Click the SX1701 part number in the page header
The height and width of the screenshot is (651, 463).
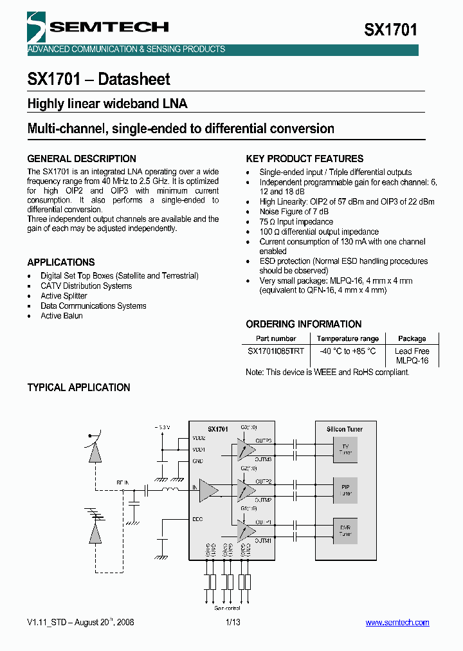point(390,30)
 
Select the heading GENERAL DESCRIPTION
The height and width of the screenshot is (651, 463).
point(82,159)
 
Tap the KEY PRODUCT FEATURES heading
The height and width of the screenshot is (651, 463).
point(305,159)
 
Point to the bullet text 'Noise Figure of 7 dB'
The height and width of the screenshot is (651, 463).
point(294,212)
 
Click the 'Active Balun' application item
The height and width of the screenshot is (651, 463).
point(62,316)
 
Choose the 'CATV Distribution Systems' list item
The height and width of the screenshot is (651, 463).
point(86,286)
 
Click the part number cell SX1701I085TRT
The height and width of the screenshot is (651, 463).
point(276,351)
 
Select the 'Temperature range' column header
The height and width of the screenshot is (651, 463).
point(347,338)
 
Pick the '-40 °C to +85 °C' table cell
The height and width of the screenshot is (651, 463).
point(347,351)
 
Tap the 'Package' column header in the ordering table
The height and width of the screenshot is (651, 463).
point(412,338)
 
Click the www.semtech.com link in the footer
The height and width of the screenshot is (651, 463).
point(397,623)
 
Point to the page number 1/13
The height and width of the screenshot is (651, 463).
point(233,623)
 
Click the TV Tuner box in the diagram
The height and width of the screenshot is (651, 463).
point(345,450)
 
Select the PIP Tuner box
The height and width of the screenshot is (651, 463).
point(345,490)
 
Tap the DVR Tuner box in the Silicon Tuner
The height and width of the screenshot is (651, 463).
point(345,531)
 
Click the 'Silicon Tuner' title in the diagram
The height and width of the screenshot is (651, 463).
point(345,429)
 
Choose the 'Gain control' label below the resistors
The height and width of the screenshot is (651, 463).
point(227,608)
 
